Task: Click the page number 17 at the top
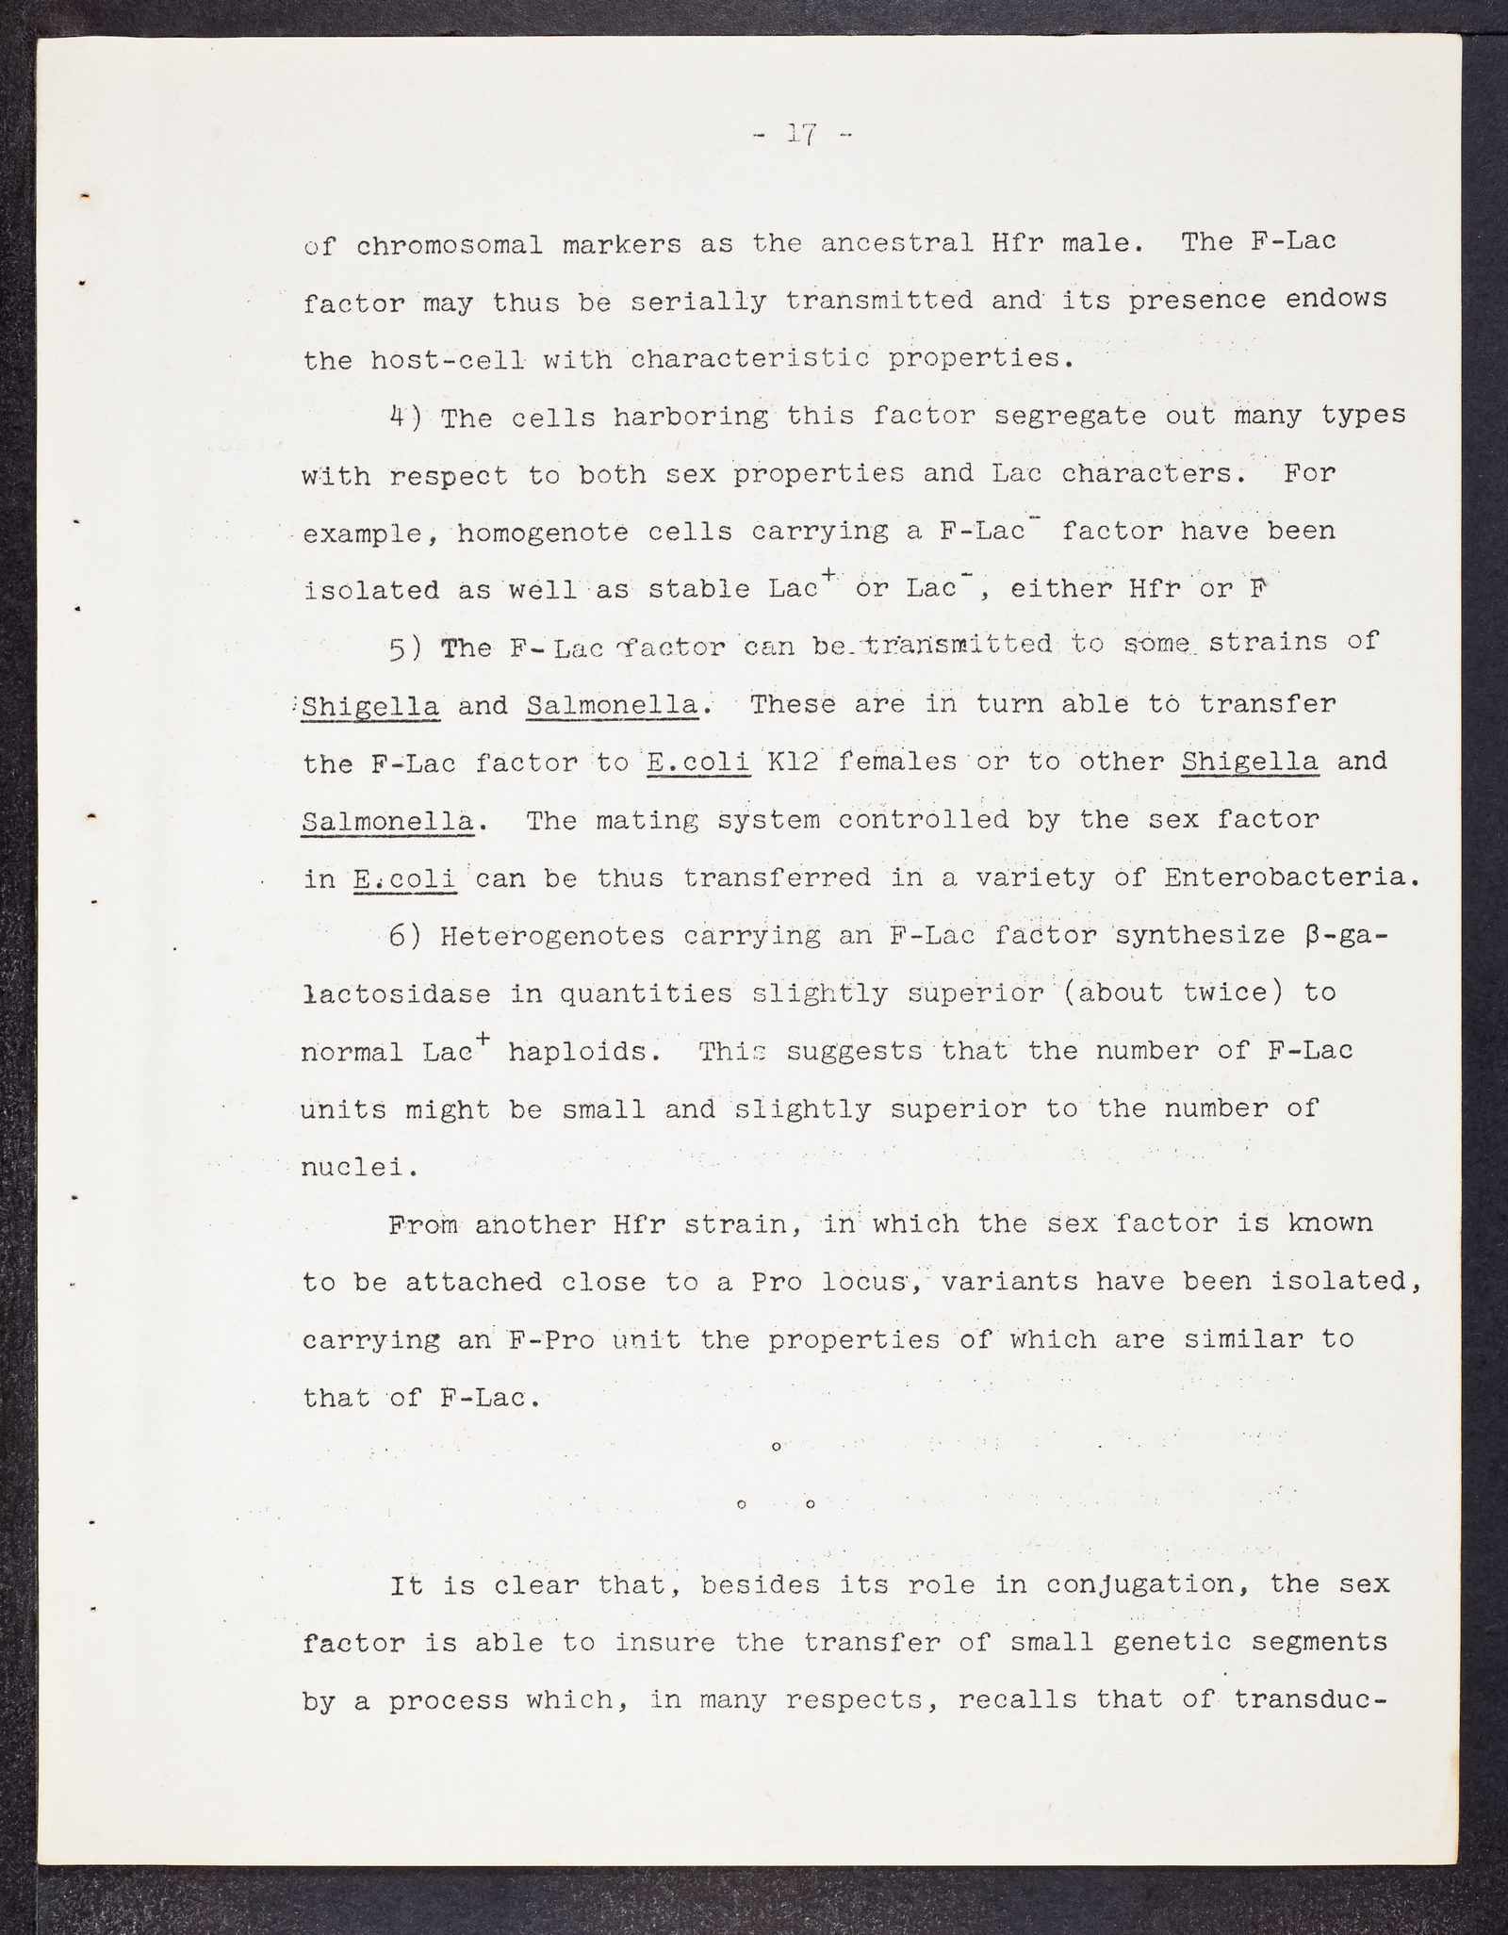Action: [802, 135]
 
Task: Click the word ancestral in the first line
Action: [897, 243]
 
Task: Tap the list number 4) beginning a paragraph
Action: [407, 417]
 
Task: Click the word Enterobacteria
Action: [1291, 877]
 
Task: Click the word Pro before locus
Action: [776, 1283]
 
